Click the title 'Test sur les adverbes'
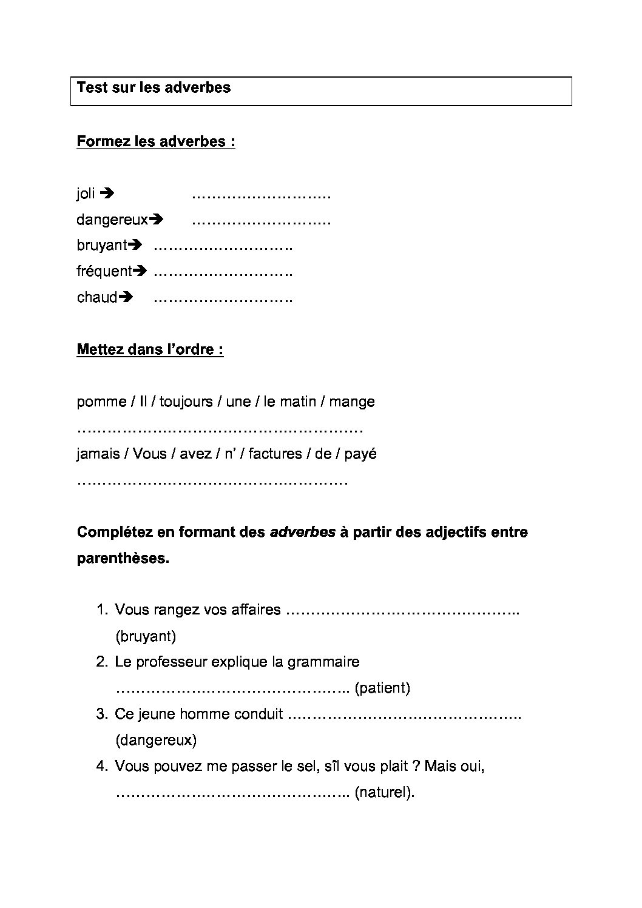(x=154, y=87)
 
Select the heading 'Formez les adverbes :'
(x=156, y=141)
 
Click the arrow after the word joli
(x=107, y=193)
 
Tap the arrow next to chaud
(x=126, y=297)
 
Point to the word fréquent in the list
(x=104, y=271)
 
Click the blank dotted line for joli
(x=261, y=196)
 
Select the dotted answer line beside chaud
(x=223, y=300)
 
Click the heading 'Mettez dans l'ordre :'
(x=150, y=350)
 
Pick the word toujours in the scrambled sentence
(x=186, y=402)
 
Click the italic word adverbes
(x=302, y=532)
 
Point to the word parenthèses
(x=123, y=558)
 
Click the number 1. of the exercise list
(x=102, y=610)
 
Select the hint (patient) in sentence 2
(x=382, y=688)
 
